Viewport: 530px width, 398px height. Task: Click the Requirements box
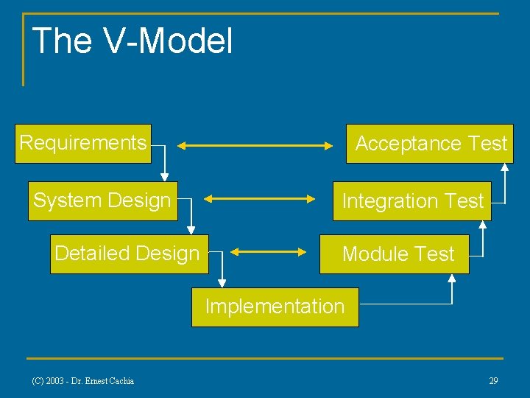click(83, 143)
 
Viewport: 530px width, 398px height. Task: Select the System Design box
click(103, 200)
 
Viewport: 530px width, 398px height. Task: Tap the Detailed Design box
click(129, 254)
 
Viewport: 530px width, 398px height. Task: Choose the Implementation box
click(275, 307)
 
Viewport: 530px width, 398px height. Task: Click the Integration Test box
click(411, 201)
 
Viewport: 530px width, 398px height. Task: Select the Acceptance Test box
click(431, 144)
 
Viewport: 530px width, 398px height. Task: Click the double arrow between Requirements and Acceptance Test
click(255, 146)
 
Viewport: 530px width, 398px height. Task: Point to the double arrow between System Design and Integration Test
click(259, 198)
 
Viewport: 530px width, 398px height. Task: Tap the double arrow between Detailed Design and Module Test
click(269, 252)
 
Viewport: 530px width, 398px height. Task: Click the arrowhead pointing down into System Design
click(164, 176)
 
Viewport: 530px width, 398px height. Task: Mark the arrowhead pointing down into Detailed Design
click(191, 229)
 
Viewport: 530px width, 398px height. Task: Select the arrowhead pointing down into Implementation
click(222, 283)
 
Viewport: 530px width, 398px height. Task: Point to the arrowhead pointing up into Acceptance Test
click(505, 167)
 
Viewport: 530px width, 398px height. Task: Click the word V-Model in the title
click(169, 41)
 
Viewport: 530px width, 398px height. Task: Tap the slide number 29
click(493, 381)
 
